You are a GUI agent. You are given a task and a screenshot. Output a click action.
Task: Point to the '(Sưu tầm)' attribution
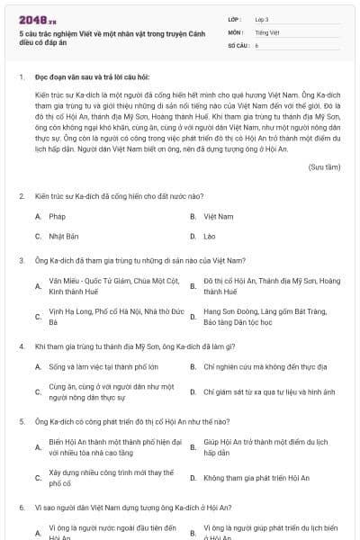[324, 167]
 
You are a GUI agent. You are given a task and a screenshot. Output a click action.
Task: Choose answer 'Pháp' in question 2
[57, 217]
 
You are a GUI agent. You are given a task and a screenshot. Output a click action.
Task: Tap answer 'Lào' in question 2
[211, 236]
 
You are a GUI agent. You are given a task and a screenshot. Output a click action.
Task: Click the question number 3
[22, 260]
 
